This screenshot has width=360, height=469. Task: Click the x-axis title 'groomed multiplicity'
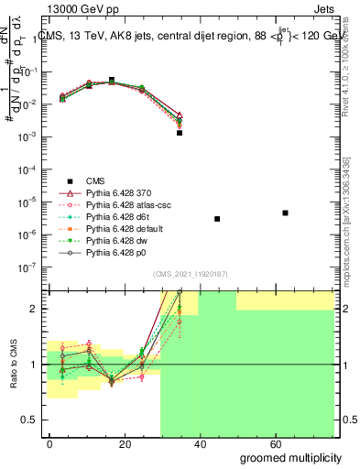pos(291,457)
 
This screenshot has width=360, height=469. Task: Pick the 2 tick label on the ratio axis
pos(35,309)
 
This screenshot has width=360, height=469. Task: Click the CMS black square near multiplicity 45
pos(217,219)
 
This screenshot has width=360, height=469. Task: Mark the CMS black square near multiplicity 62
pos(285,213)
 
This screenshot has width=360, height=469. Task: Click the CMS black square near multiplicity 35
pos(180,133)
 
